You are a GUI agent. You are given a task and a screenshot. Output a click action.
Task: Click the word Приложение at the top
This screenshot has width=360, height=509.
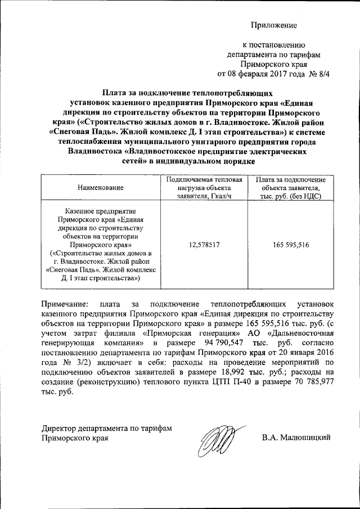point(273,26)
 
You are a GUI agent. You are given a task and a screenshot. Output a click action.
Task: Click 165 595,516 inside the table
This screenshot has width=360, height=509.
point(290,245)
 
